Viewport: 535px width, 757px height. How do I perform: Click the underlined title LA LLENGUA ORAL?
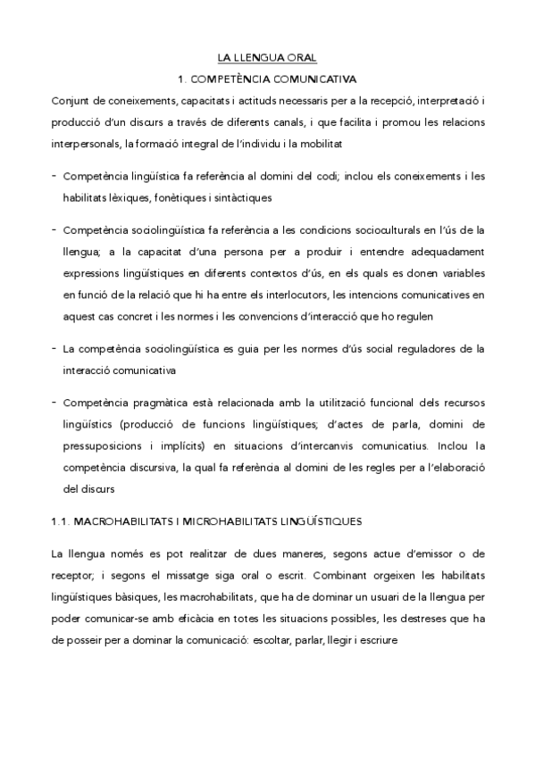[x=267, y=58]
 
